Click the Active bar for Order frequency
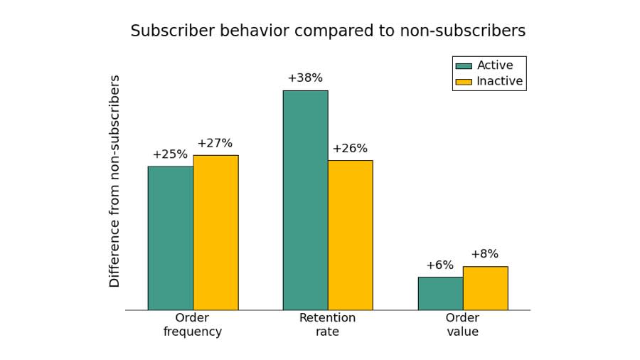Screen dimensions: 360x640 click(x=171, y=238)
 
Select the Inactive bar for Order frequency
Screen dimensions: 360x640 click(x=215, y=233)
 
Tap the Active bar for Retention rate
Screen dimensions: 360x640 click(x=305, y=200)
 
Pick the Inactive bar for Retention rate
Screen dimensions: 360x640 click(x=350, y=235)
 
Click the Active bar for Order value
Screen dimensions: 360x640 click(x=440, y=293)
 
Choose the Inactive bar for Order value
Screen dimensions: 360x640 click(x=485, y=288)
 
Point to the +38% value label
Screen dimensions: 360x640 click(x=305, y=78)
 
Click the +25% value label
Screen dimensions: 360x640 click(x=170, y=154)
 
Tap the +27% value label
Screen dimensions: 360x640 click(x=215, y=143)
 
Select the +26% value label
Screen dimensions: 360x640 click(x=350, y=149)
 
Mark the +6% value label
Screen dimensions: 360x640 click(x=439, y=265)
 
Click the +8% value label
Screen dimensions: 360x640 click(x=484, y=254)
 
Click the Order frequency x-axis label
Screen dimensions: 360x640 click(x=193, y=325)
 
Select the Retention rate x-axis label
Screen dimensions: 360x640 click(x=327, y=325)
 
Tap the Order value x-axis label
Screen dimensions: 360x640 click(x=462, y=325)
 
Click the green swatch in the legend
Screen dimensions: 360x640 click(x=464, y=66)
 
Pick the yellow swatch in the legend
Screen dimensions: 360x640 click(x=464, y=82)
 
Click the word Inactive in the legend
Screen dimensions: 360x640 click(x=499, y=81)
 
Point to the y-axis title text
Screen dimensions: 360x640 click(x=114, y=181)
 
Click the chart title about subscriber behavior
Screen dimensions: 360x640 click(x=328, y=31)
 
